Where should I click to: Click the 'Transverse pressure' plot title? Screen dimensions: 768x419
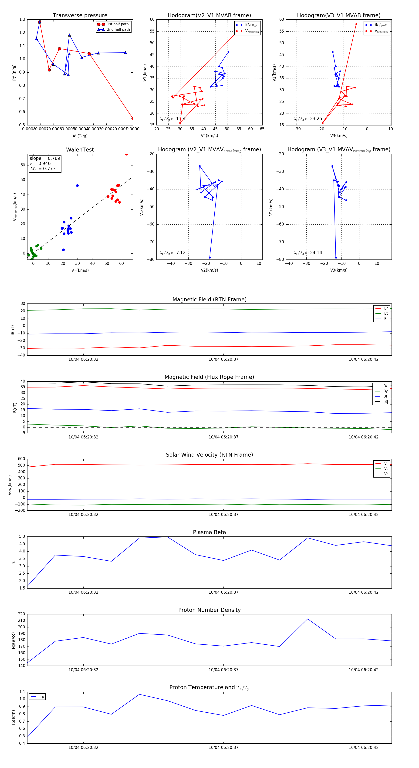80,16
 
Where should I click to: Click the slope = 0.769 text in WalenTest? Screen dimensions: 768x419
45,158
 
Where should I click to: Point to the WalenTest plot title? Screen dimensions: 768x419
80,150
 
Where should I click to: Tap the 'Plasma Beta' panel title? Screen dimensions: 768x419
209,532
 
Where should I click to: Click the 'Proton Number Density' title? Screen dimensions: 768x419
209,610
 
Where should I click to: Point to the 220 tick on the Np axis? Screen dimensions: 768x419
21,614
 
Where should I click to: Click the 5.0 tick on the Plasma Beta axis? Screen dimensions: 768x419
22,537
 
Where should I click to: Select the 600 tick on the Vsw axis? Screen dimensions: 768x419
21,459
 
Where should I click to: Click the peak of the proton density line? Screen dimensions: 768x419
308,619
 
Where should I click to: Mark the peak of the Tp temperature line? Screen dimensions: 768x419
139,694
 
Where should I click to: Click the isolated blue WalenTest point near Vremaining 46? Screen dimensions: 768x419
77,186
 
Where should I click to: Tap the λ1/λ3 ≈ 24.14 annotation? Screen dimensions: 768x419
308,253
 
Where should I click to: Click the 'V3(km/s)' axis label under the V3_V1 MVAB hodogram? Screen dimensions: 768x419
338,136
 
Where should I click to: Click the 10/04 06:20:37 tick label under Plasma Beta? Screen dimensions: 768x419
223,592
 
